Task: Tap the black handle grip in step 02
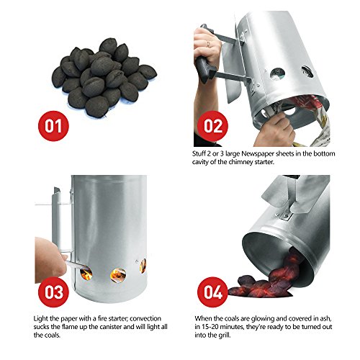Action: tap(210, 68)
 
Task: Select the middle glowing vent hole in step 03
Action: tap(118, 274)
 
